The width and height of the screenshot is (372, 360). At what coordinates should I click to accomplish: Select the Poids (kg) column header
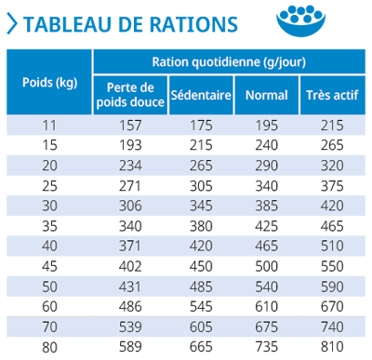point(49,81)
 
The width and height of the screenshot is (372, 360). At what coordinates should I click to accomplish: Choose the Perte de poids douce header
point(130,95)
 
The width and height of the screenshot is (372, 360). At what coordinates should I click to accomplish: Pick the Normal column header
point(265,95)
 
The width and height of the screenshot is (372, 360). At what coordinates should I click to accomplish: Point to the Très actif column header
point(330,95)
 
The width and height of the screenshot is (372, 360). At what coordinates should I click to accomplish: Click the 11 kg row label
point(49,125)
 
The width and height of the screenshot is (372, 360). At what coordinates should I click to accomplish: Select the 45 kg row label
point(49,267)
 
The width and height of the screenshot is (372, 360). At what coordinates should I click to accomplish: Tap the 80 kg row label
point(49,348)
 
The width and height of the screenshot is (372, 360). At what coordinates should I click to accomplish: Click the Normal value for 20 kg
point(265,166)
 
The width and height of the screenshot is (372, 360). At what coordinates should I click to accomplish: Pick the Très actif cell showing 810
point(330,348)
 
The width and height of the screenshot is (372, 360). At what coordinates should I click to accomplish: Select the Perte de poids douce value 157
point(130,125)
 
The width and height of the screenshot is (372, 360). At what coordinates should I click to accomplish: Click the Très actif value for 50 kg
point(330,287)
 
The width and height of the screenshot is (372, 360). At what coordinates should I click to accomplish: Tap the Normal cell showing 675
point(265,327)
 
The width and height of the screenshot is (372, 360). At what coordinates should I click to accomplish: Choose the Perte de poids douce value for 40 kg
point(130,247)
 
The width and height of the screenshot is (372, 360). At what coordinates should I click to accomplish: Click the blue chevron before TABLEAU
point(10,23)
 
